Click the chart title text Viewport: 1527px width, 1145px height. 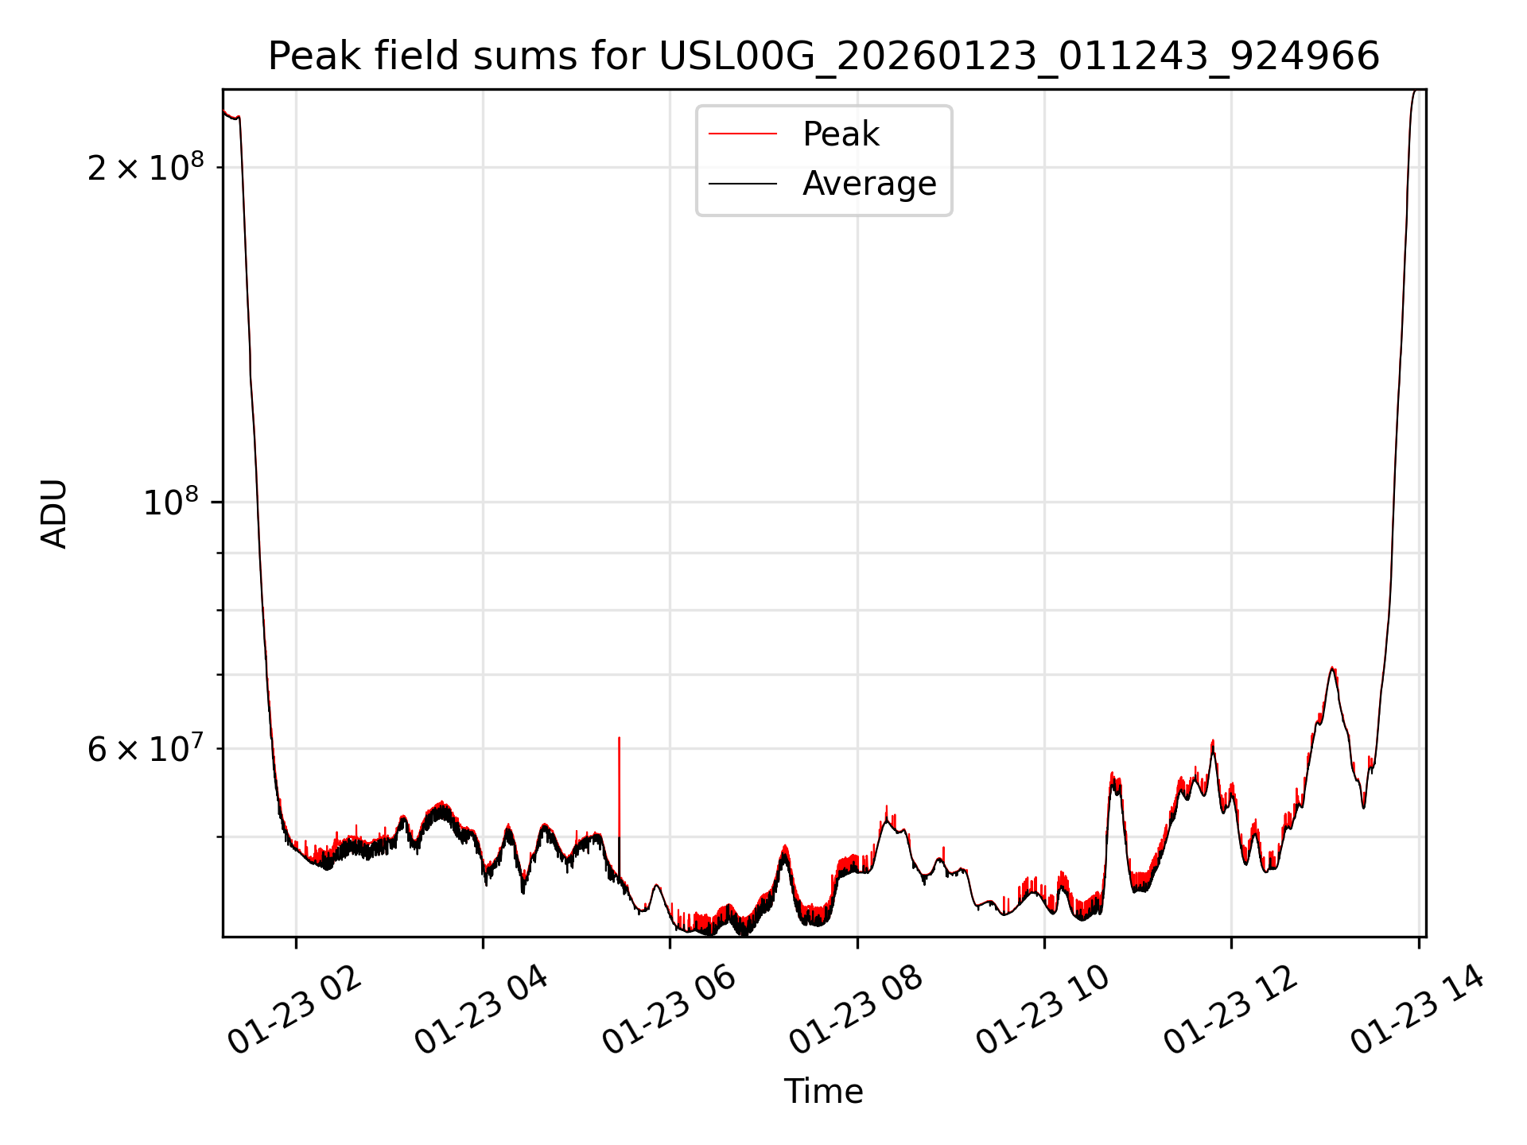(823, 56)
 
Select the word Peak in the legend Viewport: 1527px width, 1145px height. (841, 134)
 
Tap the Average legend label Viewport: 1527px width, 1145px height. (868, 184)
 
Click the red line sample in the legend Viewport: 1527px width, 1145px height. (743, 134)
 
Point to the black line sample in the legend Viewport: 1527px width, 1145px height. (743, 184)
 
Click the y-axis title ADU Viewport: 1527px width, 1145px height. (54, 514)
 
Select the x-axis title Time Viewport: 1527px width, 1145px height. (823, 1092)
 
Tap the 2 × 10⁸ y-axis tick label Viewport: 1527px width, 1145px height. (146, 168)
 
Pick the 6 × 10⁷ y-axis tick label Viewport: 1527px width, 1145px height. (146, 749)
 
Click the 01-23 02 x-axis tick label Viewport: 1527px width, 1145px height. (294, 1011)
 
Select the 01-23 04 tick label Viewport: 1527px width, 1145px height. (481, 1011)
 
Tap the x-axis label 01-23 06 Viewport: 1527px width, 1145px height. (668, 1011)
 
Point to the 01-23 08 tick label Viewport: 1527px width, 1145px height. (856, 1011)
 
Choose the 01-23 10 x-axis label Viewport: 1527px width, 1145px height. (1043, 1011)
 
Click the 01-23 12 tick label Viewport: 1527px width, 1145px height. (1230, 1011)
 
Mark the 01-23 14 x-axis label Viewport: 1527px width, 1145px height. (1417, 1011)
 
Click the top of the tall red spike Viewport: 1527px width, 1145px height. (619, 739)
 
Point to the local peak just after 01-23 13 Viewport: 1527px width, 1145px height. (1332, 669)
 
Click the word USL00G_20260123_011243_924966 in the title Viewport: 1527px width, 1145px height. (1019, 56)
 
